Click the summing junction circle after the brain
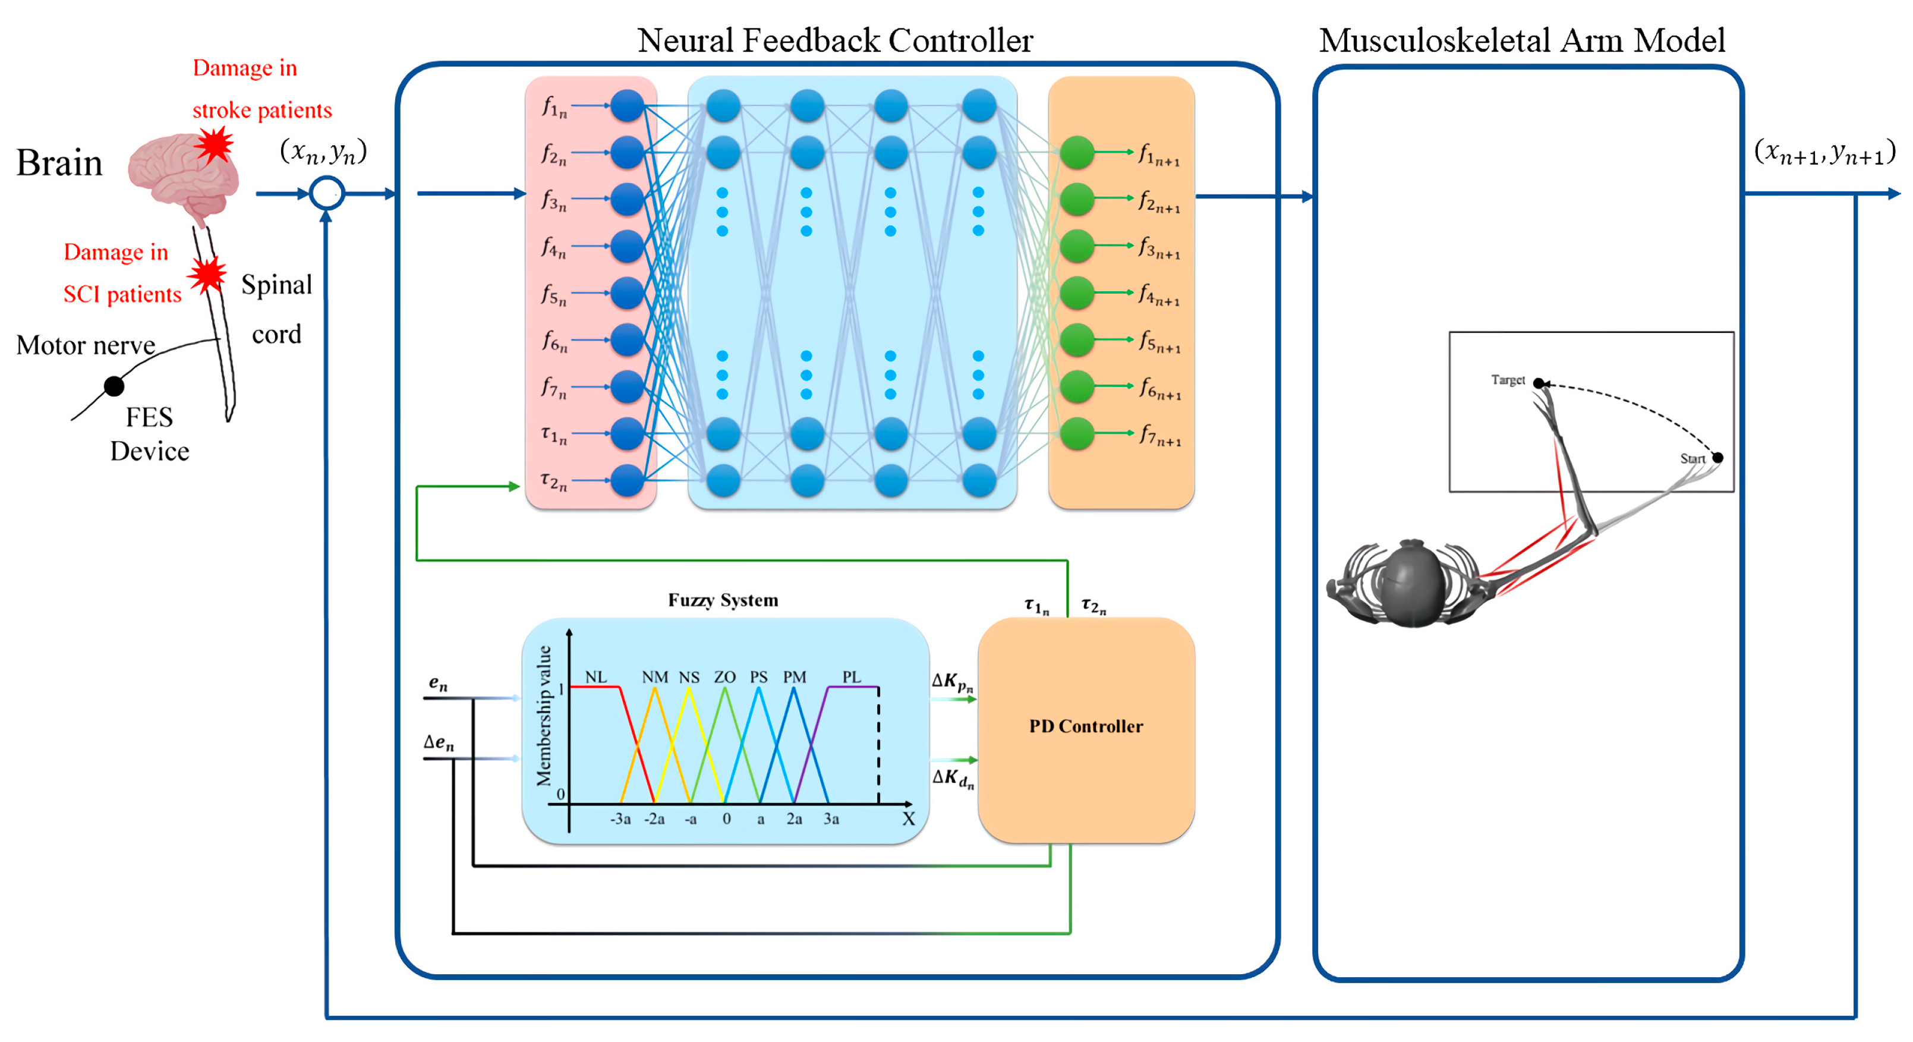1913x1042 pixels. click(x=327, y=194)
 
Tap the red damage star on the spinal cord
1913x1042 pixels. click(x=207, y=275)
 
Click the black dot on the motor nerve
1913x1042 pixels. click(x=114, y=386)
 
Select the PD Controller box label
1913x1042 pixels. click(x=1086, y=726)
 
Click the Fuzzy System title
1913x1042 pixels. click(x=723, y=600)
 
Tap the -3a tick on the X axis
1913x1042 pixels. click(x=620, y=819)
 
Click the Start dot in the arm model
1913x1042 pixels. click(x=1717, y=458)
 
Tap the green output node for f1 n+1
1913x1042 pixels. click(x=1076, y=152)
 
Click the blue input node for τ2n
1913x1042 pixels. click(x=628, y=480)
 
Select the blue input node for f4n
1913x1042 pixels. click(x=628, y=246)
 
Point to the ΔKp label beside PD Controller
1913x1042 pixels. click(x=952, y=682)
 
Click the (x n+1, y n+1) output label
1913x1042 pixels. click(x=1824, y=152)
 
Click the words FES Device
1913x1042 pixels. click(x=149, y=434)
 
